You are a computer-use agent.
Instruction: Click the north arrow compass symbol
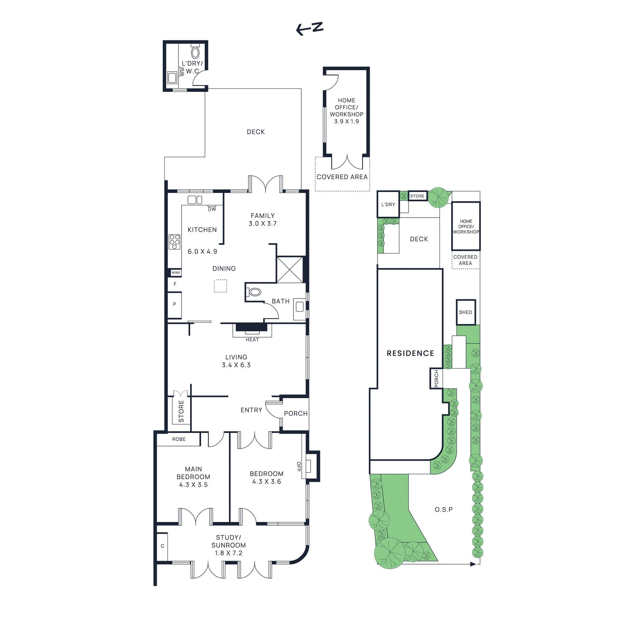tap(309, 28)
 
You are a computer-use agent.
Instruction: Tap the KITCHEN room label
tap(202, 230)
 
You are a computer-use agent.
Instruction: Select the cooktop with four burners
tap(174, 242)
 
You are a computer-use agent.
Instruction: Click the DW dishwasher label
tap(212, 209)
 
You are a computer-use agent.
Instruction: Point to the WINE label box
tap(176, 273)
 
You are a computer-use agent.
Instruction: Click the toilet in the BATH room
tap(255, 292)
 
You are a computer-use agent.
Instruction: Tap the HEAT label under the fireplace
tap(252, 340)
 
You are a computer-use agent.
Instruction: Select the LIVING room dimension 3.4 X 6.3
tap(236, 365)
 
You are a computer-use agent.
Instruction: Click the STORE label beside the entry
tap(181, 411)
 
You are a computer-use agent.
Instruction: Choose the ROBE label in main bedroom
tap(179, 439)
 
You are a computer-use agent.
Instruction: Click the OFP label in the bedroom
tap(299, 466)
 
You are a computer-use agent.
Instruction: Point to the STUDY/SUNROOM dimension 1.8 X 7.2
tap(228, 553)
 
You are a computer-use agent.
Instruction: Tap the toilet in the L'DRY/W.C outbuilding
tap(195, 52)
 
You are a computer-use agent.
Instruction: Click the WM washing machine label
tap(182, 72)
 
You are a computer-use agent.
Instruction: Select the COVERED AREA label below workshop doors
tap(342, 177)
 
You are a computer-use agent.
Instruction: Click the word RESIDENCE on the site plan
tap(410, 353)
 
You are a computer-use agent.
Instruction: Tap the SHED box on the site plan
tap(466, 312)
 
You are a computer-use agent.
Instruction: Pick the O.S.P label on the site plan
tap(444, 509)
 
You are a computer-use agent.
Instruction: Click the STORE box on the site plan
tap(417, 196)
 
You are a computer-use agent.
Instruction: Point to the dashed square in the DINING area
tap(220, 286)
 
